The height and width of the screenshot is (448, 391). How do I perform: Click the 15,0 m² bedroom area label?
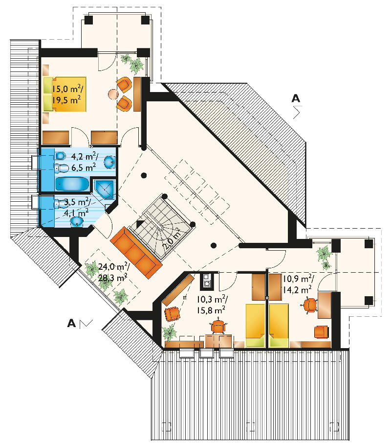[67, 94]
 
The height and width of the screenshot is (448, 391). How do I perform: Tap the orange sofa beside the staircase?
[136, 252]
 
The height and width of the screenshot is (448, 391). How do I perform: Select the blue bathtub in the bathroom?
[72, 184]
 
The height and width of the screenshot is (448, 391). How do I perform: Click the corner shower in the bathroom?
[105, 189]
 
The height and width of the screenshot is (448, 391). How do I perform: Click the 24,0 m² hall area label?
[113, 272]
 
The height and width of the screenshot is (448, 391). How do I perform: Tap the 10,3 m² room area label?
[212, 305]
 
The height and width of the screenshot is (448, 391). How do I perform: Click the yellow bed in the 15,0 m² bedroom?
[65, 94]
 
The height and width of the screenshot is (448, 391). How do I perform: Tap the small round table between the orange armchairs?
[113, 94]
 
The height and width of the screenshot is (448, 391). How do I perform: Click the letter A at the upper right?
[296, 98]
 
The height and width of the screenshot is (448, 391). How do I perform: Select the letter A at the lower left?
[71, 324]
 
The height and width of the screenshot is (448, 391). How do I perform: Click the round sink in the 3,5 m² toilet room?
[77, 221]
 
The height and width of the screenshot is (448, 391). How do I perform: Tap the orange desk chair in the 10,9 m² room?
[310, 305]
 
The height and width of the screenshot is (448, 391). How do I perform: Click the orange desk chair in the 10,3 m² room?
[218, 326]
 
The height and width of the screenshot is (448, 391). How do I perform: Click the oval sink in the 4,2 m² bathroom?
[109, 163]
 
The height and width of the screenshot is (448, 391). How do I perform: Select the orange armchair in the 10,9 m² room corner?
[322, 332]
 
